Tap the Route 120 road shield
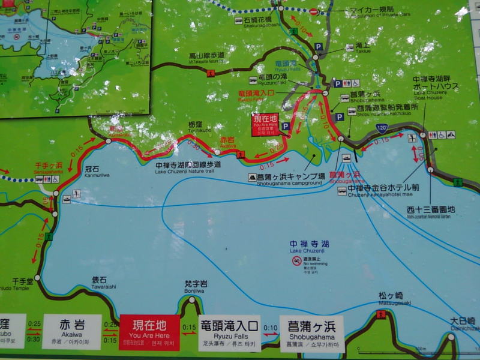pos(382,128)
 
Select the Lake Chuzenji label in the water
pos(310,247)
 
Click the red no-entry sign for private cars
pos(313,11)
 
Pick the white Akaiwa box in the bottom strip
pos(72,331)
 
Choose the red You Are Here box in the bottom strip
pos(149,332)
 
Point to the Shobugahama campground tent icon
pos(253,178)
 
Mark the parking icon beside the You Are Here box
pos(286,127)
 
